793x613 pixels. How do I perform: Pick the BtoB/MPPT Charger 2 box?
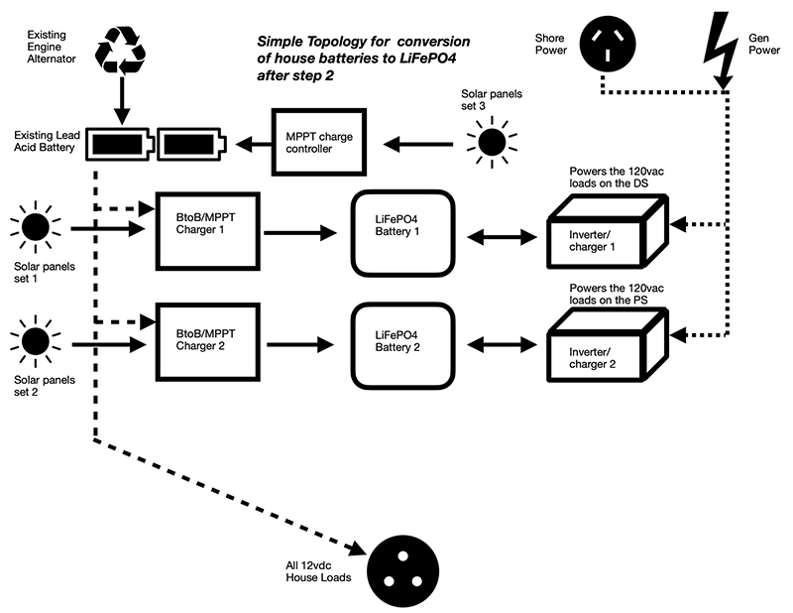(208, 343)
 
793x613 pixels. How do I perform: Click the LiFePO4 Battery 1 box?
(402, 233)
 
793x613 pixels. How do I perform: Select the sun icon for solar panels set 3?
(490, 143)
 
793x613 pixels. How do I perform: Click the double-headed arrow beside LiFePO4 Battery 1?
(500, 235)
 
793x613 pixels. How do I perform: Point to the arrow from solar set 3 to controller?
(417, 145)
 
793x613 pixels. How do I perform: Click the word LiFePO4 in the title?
(438, 60)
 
